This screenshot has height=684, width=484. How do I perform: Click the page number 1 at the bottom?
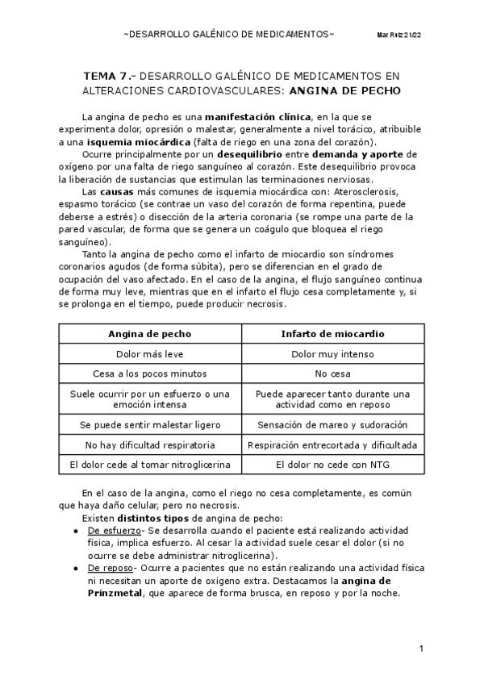421,649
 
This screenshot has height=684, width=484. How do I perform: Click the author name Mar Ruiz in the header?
389,36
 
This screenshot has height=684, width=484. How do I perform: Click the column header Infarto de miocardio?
332,333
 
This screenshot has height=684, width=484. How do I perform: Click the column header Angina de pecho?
151,333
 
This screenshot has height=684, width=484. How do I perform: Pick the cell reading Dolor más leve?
151,353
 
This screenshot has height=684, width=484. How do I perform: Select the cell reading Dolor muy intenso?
332,353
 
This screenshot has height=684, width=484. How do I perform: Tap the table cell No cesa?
332,373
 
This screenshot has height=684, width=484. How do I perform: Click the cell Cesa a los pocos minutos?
151,373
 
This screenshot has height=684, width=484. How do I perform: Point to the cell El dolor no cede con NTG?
332,465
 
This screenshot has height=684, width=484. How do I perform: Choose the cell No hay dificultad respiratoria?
151,444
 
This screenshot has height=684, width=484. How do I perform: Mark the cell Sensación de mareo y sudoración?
332,424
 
